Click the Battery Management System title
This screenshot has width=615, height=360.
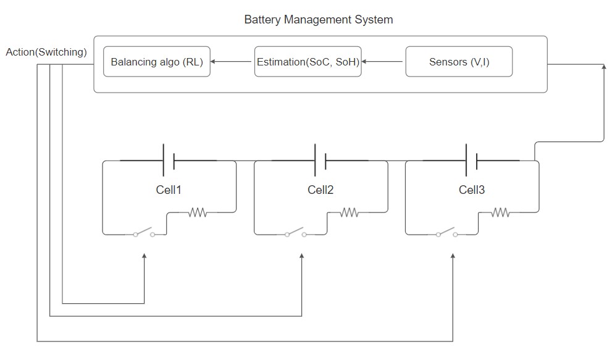319,20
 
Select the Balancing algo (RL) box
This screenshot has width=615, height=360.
157,62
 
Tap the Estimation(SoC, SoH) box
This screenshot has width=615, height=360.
308,62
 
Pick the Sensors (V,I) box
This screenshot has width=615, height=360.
459,62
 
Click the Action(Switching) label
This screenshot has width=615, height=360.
46,52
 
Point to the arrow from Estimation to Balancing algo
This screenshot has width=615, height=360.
231,62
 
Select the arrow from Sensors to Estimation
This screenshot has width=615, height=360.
382,62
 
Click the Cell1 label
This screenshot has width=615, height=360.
169,190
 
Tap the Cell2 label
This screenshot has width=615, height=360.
320,190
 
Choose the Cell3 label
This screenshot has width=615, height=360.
472,190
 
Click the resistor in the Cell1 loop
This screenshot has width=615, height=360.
198,212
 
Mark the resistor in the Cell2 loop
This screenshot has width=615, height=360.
349,212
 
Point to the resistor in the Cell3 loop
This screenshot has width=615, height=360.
500,212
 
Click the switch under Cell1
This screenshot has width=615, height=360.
143,232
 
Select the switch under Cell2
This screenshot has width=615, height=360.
295,232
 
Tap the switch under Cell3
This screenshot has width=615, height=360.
446,232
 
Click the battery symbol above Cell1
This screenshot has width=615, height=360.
169,160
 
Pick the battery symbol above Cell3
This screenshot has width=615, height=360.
472,160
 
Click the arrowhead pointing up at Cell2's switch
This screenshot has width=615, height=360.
301,256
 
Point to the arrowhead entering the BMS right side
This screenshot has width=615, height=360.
604,67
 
